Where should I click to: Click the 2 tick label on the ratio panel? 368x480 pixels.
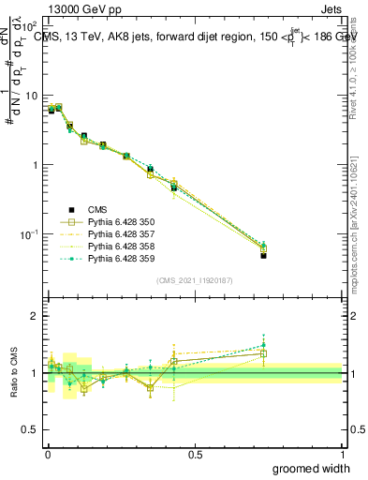(35, 316)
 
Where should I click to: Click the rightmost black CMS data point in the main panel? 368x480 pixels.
(264, 255)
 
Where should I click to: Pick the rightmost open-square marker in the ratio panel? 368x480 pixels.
(264, 353)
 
